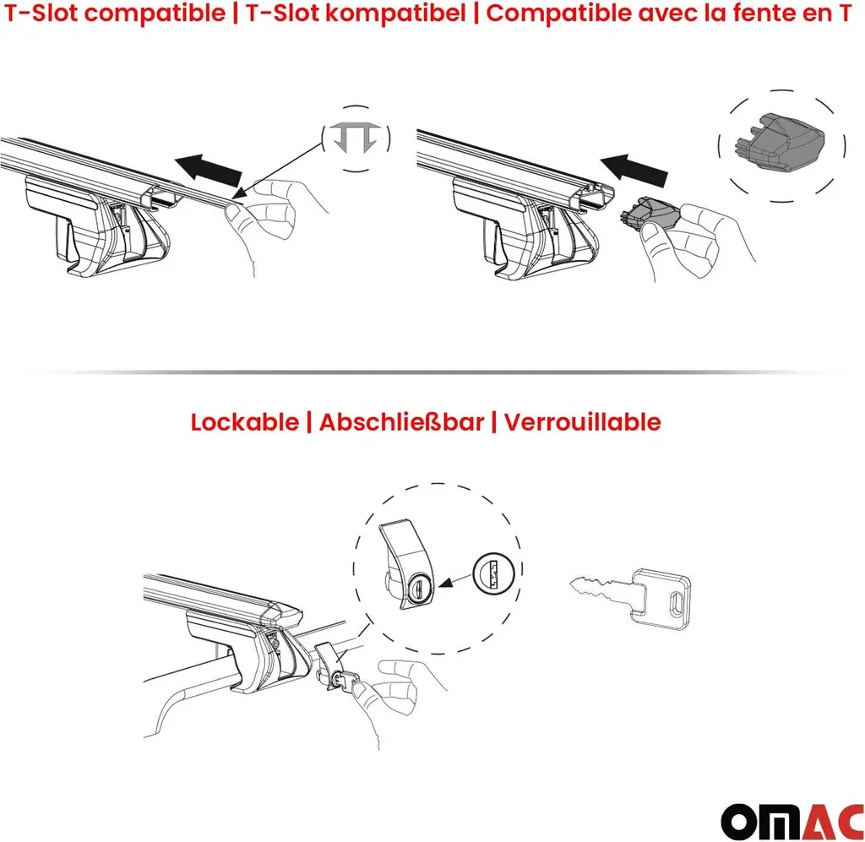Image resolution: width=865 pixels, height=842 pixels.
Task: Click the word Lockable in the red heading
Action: [244, 422]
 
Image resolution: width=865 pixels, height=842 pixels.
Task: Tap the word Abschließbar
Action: [401, 422]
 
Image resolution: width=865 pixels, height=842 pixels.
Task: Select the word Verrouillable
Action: [583, 422]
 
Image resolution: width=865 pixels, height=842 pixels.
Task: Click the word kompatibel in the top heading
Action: [395, 14]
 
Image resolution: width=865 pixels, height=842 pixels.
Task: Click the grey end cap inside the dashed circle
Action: [780, 142]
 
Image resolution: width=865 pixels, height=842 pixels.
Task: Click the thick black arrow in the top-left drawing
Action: [209, 170]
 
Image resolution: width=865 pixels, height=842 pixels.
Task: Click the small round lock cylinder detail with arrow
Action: [493, 572]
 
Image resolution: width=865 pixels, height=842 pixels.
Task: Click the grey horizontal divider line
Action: [432, 372]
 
